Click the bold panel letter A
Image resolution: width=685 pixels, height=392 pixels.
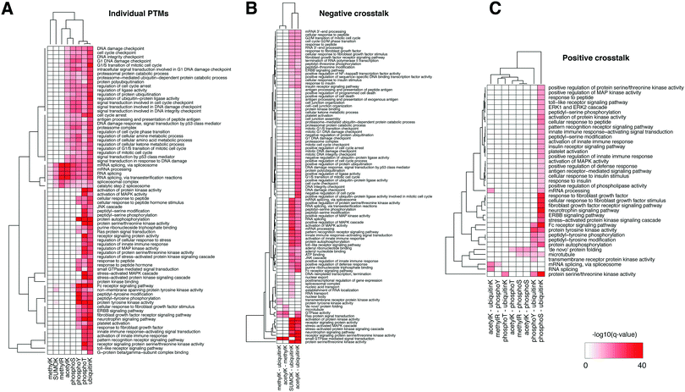(7, 8)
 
